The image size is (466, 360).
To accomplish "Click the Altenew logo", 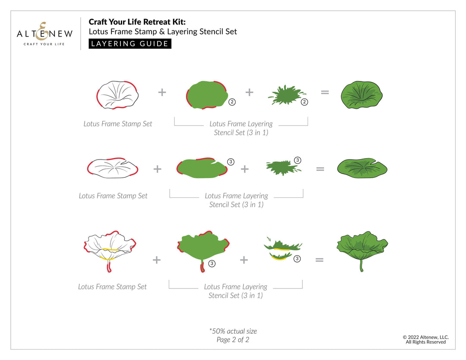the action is coord(44,34).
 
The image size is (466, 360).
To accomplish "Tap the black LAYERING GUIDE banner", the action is coord(130,44).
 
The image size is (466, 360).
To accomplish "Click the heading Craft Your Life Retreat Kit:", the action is coord(137,22).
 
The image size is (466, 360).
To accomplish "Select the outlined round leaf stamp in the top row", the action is coord(117,95).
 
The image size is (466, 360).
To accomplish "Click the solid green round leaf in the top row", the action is coord(207,95).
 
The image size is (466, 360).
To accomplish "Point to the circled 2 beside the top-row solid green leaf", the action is coord(232,102).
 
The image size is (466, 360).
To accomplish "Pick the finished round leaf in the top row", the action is coord(362,95).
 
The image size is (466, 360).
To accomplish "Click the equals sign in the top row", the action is coord(325,92).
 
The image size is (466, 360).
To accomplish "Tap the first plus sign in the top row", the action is coord(162,92).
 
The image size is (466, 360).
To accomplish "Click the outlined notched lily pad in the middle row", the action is coord(112,168).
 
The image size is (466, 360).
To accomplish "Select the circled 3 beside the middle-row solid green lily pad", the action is coord(230,162).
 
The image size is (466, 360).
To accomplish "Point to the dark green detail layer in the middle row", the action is coord(283,168).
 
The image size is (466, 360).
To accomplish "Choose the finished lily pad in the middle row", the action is coord(362,168).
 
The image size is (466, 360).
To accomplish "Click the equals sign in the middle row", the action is coord(320,169).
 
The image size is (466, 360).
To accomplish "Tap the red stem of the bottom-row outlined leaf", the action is coord(109,266).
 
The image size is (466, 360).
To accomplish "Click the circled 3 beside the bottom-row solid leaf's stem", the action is coord(212,263).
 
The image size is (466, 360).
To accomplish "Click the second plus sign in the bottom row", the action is coord(244,260).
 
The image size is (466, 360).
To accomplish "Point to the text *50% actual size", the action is coord(233,331).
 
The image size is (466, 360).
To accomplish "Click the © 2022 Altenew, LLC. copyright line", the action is coord(425,337).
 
